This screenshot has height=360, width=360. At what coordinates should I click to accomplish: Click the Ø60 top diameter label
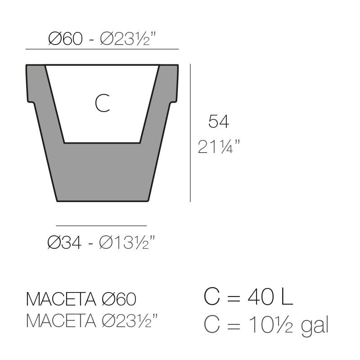pos(65,39)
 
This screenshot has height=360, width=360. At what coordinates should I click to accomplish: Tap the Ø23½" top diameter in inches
pos(128,39)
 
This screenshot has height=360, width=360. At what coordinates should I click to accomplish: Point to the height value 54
pos(219,121)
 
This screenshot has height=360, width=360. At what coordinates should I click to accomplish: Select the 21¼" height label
pos(219,147)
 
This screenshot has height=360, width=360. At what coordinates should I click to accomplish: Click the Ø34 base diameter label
pos(64,243)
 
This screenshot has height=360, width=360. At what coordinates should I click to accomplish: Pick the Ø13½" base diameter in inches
pos(127,243)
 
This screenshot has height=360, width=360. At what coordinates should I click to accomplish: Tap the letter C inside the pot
pos(103,103)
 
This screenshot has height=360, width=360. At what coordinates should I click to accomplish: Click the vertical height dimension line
pos(190,133)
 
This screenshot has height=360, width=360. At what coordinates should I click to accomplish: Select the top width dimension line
pos(102,49)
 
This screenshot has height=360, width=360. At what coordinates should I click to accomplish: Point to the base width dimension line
pos(101,226)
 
